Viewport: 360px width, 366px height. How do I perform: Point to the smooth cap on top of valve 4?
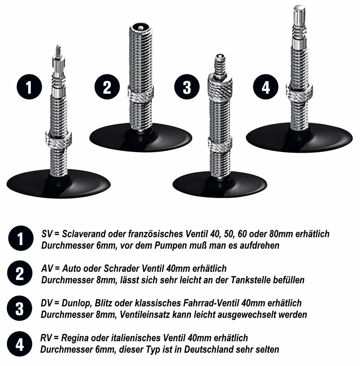(299, 14)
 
